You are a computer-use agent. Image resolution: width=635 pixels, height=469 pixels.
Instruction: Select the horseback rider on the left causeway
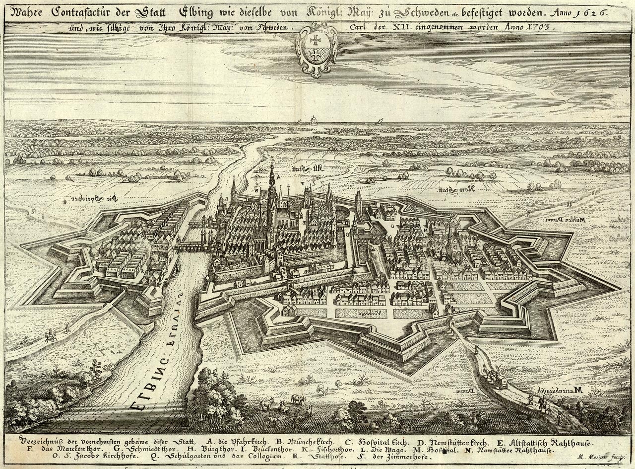(x=50, y=336)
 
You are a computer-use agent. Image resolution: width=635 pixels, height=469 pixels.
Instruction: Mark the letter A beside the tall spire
(x=278, y=177)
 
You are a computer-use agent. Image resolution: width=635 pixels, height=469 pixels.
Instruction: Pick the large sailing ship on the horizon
(x=314, y=120)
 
